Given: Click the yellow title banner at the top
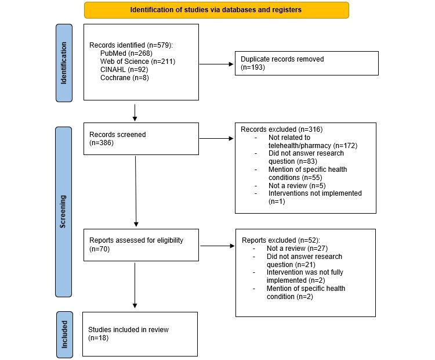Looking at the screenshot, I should click(216, 10).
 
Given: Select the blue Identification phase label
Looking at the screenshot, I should click(64, 63).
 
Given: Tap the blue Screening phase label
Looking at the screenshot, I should click(64, 211).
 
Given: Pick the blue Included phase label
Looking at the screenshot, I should click(64, 334).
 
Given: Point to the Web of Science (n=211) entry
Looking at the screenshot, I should click(137, 61).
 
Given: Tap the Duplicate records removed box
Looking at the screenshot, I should click(306, 63).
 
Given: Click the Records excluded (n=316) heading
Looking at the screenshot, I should click(282, 129).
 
